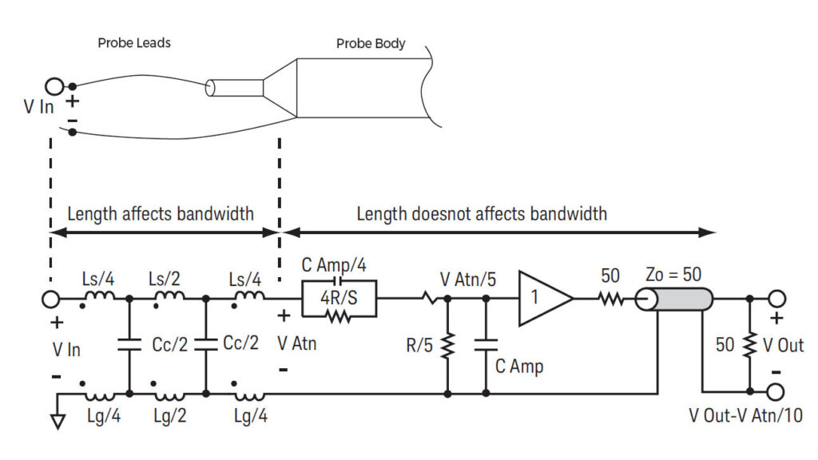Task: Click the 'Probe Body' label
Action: [x=371, y=43]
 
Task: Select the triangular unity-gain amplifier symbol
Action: [x=544, y=299]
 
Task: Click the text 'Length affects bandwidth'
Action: [x=161, y=213]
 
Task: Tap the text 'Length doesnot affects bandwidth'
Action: [x=482, y=213]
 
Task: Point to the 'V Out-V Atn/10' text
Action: [x=745, y=415]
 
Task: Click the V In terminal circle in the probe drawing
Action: [x=54, y=86]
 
